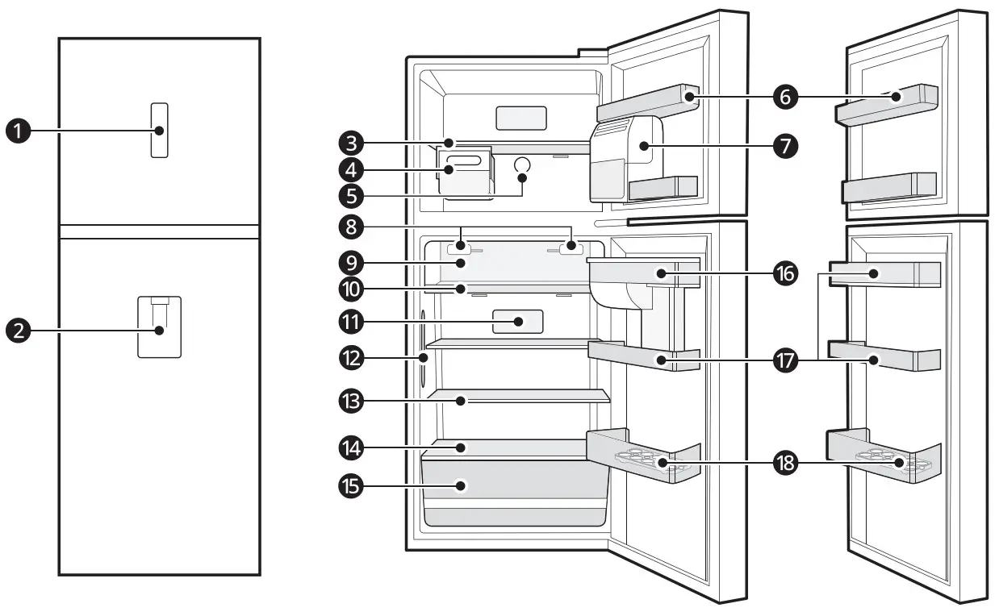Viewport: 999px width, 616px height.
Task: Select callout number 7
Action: point(784,146)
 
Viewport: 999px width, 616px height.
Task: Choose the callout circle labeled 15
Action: point(351,486)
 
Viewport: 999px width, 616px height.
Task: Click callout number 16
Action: point(784,274)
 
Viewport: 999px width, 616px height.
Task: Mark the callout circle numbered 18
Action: point(784,464)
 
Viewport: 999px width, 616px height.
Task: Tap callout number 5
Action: point(351,195)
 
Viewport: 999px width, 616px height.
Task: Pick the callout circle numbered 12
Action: point(351,356)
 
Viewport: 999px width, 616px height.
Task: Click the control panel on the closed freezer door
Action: point(160,130)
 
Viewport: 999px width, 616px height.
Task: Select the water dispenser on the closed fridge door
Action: point(159,327)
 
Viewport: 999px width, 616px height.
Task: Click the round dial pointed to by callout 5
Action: point(522,165)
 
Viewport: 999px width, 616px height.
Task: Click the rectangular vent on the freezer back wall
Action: point(520,119)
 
